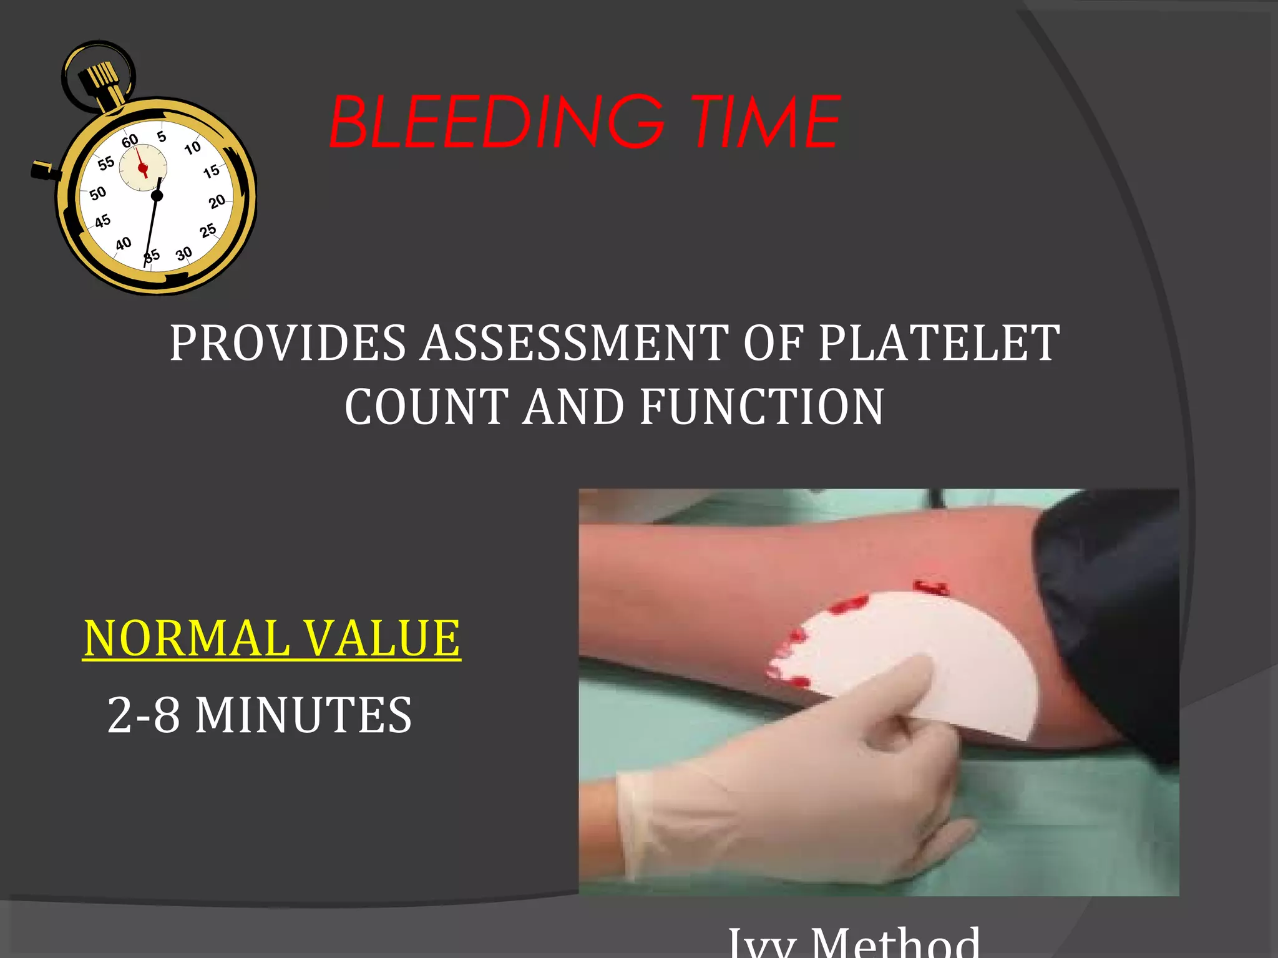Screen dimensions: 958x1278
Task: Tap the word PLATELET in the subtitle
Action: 939,343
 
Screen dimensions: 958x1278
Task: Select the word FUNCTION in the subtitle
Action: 762,407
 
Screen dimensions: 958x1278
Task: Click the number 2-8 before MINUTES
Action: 144,715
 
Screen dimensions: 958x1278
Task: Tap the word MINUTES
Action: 303,715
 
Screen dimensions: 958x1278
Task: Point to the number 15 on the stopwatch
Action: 212,171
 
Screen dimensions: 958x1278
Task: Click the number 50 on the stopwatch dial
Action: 98,193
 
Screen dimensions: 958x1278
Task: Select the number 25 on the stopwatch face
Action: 208,231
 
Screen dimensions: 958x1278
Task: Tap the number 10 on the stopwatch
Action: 192,148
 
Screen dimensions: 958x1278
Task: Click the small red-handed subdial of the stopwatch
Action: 143,167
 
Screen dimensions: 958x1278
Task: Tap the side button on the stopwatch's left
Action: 42,170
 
